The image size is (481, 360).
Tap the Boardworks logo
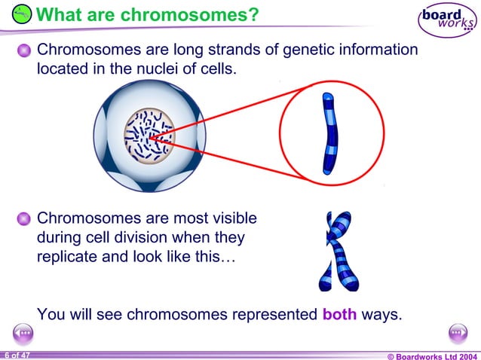click(x=448, y=20)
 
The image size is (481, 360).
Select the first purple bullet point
click(x=25, y=51)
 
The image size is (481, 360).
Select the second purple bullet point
click(x=25, y=219)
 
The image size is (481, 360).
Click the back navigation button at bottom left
click(x=23, y=333)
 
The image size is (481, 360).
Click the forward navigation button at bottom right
click(x=458, y=333)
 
